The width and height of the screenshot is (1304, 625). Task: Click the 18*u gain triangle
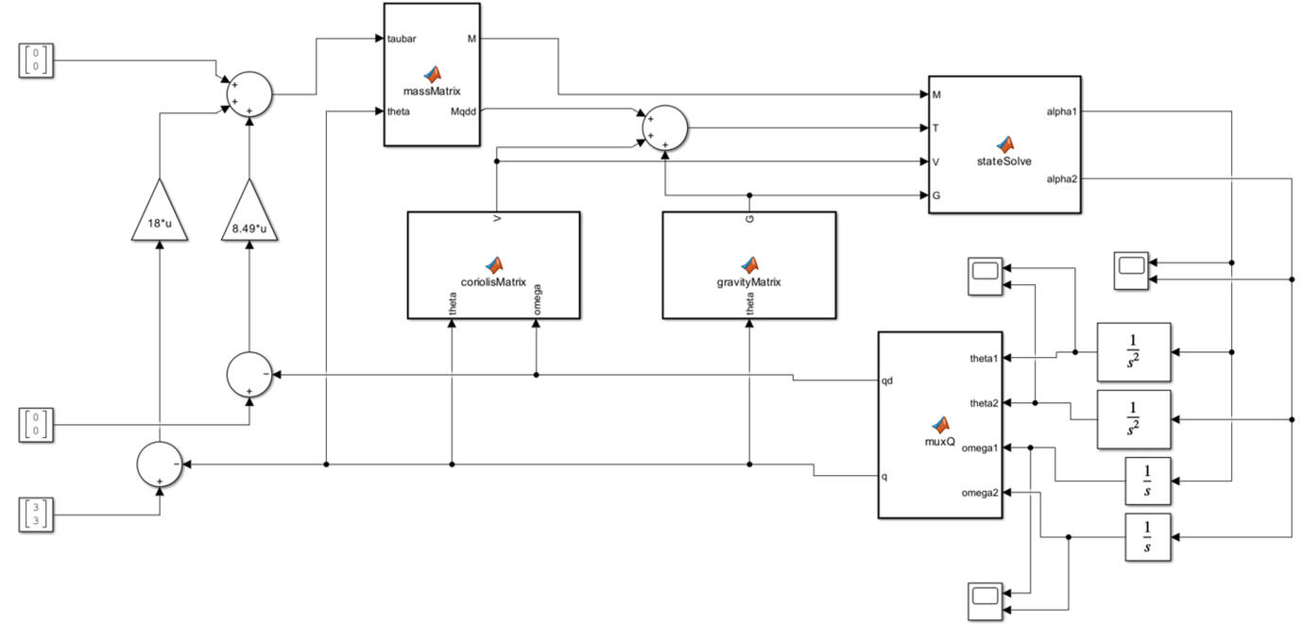coord(159,211)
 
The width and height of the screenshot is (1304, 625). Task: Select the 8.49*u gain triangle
coord(249,211)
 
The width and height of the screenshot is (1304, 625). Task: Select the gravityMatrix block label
coord(748,281)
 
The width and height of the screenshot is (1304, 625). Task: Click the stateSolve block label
coord(1004,160)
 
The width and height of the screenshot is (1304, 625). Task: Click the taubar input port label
coord(403,39)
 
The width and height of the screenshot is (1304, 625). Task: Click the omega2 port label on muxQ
coord(980,492)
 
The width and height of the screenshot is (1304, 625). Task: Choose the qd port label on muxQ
coord(887,381)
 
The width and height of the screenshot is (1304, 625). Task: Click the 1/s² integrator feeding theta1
coord(1133,351)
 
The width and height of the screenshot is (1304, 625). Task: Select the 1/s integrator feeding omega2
coord(1147,536)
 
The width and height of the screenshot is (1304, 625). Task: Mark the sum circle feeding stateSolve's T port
coord(665,127)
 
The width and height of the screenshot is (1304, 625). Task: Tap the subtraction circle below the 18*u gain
coord(159,464)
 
